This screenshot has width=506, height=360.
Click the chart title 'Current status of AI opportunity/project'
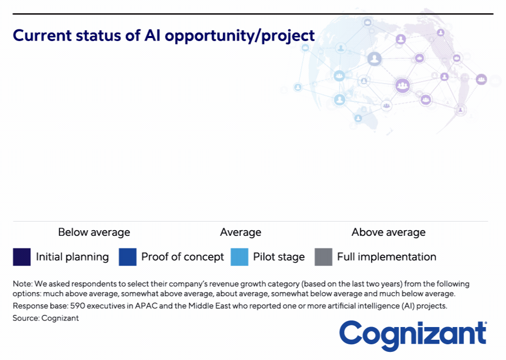pyautogui.click(x=163, y=36)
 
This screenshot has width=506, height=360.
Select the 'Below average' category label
pyautogui.click(x=94, y=233)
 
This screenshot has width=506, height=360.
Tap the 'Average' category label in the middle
pyautogui.click(x=240, y=233)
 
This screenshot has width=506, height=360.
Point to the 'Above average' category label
pyautogui.click(x=389, y=233)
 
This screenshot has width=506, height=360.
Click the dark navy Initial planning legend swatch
pyautogui.click(x=22, y=257)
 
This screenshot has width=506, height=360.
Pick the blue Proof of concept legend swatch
pyautogui.click(x=128, y=257)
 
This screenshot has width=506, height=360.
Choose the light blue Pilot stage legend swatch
pyautogui.click(x=239, y=257)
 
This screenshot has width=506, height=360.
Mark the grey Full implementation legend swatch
pyautogui.click(x=323, y=257)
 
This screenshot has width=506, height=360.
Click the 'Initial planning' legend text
pyautogui.click(x=72, y=257)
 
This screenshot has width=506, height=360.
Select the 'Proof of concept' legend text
pyautogui.click(x=182, y=257)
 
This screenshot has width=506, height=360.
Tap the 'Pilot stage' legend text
pyautogui.click(x=279, y=257)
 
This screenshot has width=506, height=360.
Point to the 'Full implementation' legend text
pyautogui.click(x=387, y=257)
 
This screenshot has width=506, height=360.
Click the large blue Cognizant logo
pyautogui.click(x=413, y=335)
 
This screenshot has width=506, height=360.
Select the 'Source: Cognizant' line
pyautogui.click(x=46, y=318)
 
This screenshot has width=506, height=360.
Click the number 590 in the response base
pyautogui.click(x=77, y=306)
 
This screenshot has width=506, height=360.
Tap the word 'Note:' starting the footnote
pyautogui.click(x=23, y=284)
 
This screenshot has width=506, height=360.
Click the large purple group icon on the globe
pyautogui.click(x=402, y=86)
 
